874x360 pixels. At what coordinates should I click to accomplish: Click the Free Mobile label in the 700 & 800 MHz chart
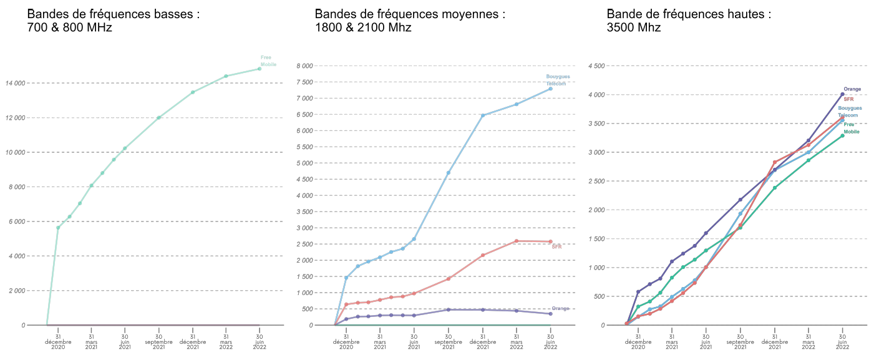coord(268,61)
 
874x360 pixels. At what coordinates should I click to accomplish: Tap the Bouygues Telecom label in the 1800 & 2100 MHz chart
coord(558,80)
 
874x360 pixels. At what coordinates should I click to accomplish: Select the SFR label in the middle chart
coord(557,246)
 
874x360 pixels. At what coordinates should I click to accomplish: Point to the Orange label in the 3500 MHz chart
coord(852,89)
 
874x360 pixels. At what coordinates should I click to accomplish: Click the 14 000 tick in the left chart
coord(15,83)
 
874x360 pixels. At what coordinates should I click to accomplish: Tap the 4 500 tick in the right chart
coord(598,66)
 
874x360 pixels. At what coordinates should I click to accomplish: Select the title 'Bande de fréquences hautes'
coord(689,14)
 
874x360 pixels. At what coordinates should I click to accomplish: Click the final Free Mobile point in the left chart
coord(260,69)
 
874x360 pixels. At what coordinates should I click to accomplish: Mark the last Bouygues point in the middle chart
coord(550,89)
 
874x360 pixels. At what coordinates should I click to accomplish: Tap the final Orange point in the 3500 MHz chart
coord(842,94)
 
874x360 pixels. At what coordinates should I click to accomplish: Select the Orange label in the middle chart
coord(560,308)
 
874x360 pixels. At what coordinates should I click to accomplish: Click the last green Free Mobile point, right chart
coord(842,135)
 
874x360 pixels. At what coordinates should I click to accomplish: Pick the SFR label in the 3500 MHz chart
coord(848,99)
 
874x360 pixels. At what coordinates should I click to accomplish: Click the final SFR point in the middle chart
coord(550,241)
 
